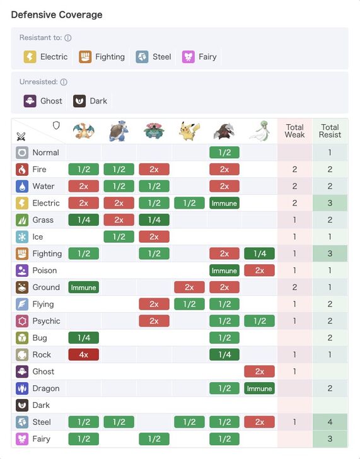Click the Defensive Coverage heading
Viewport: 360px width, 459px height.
tap(57, 15)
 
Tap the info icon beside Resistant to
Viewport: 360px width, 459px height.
tap(68, 38)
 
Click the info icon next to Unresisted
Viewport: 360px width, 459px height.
tap(64, 82)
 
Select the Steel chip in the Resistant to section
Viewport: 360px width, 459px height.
tap(154, 57)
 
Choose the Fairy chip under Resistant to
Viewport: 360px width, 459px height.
tap(200, 57)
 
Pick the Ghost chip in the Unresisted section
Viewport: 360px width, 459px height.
tap(44, 101)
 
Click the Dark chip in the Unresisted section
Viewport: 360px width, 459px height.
tap(91, 101)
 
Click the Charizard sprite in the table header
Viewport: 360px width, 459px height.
tap(83, 131)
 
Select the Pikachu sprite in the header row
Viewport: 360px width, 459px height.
tap(189, 131)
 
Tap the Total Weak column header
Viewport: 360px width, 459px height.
tap(294, 131)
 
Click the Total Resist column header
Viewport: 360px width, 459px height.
tap(330, 131)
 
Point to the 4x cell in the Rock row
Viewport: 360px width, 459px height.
tap(83, 355)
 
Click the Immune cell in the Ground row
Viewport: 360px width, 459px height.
tap(83, 288)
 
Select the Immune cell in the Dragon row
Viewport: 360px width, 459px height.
tap(259, 388)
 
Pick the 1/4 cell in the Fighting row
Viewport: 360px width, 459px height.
tap(259, 253)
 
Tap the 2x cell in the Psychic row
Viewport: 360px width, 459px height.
tap(154, 321)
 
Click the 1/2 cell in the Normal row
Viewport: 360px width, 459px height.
tap(224, 153)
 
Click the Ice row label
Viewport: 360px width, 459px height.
tap(38, 236)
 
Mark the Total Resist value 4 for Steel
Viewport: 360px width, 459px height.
tap(330, 422)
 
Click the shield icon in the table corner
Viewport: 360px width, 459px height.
tap(56, 125)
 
